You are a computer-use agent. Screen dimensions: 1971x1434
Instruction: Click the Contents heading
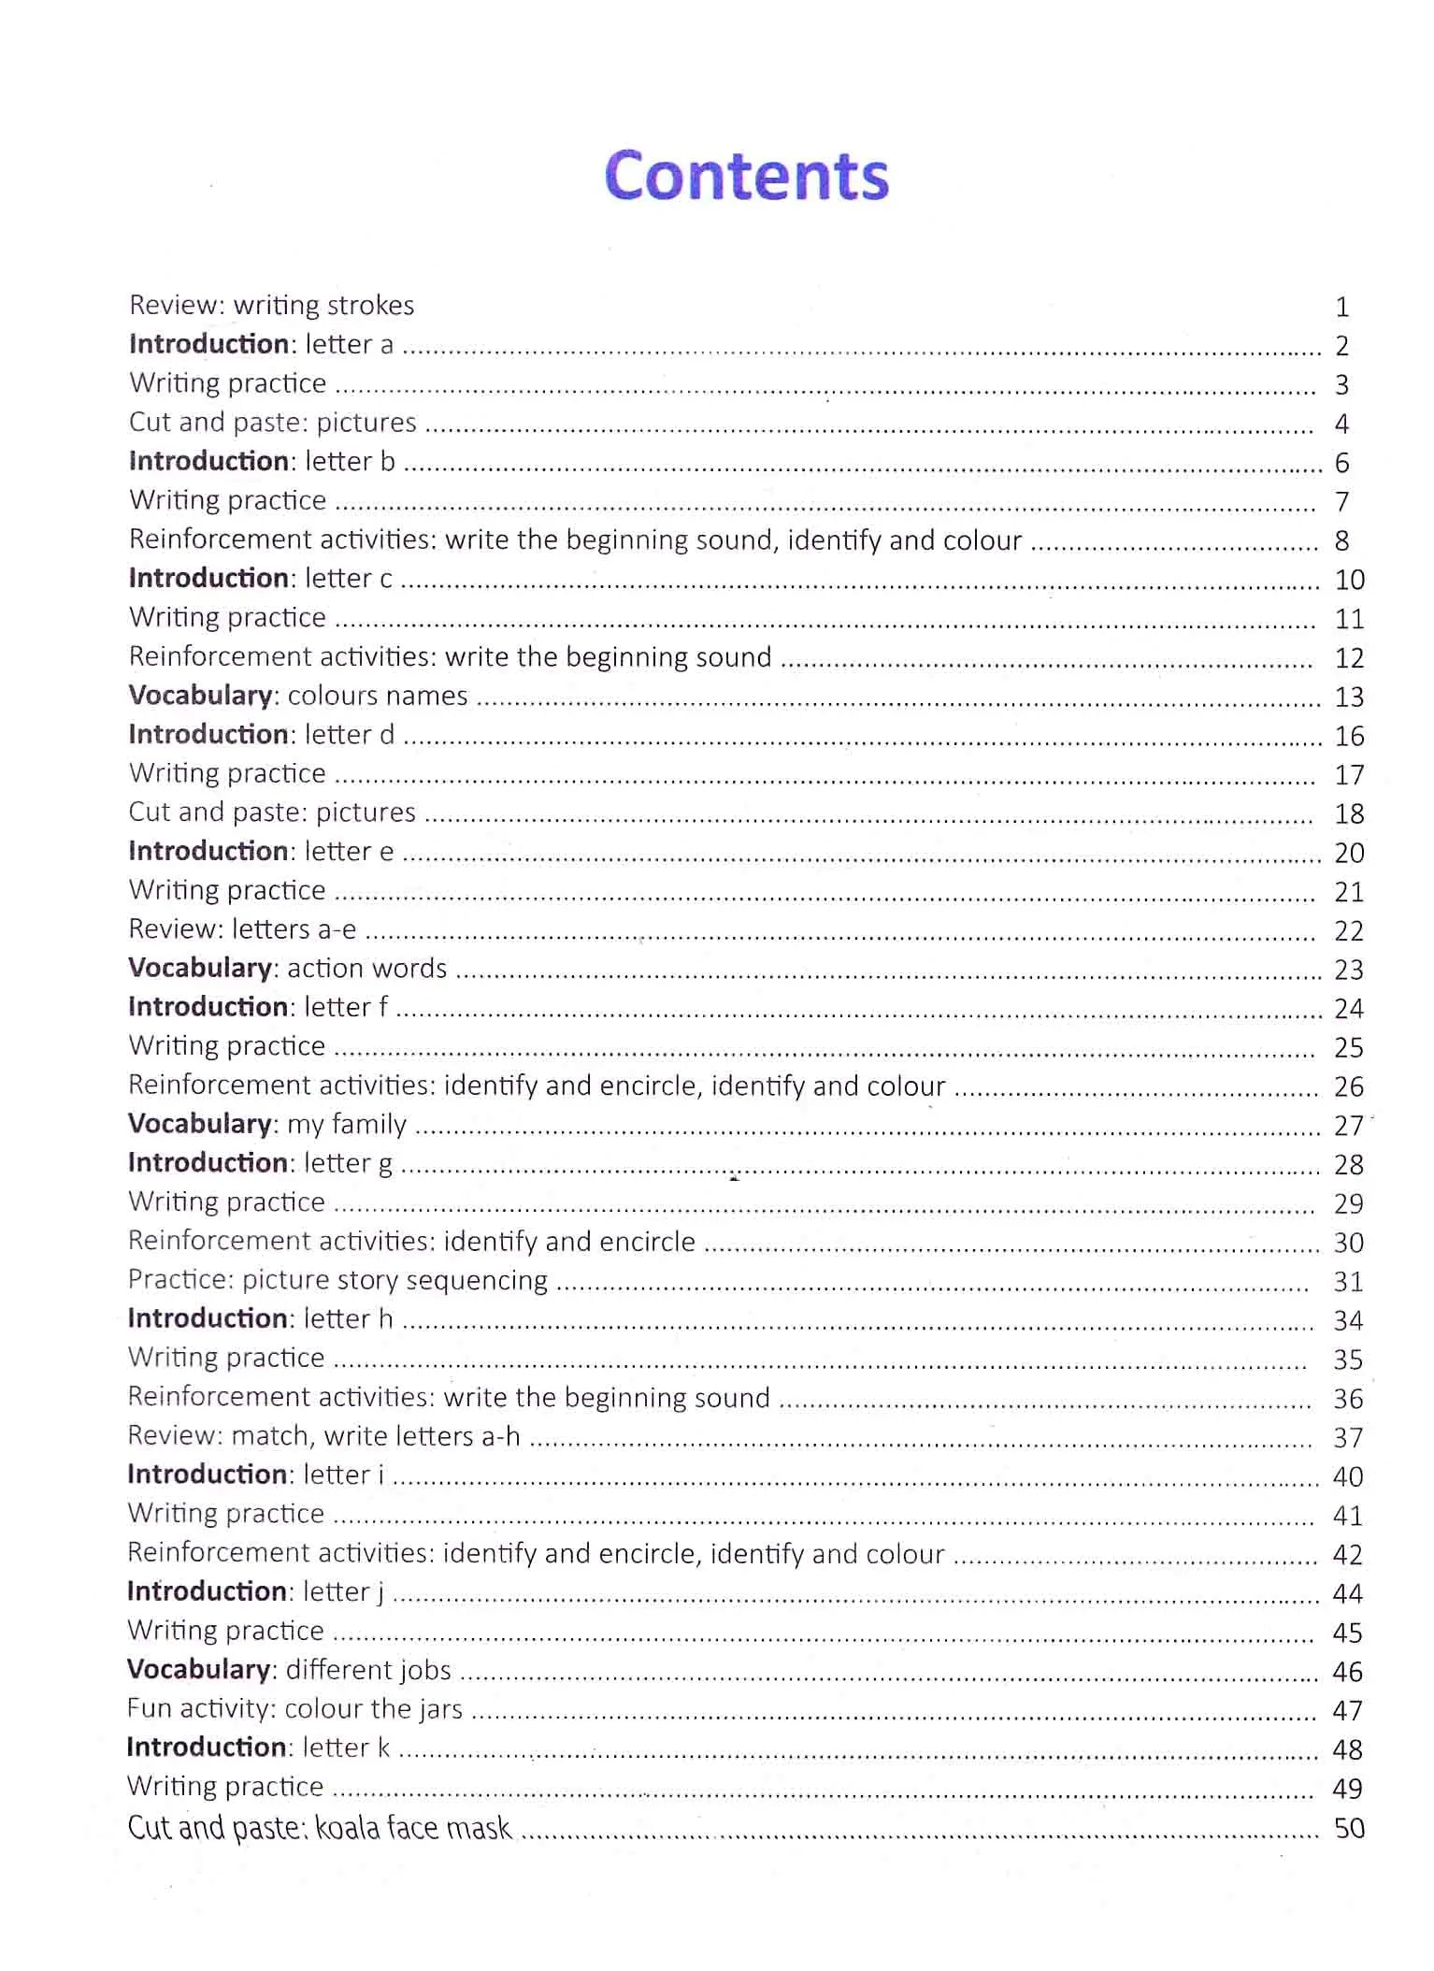point(746,176)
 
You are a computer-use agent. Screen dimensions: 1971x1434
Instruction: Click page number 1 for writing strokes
point(1341,308)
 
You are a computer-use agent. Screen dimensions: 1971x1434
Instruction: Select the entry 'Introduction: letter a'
point(261,345)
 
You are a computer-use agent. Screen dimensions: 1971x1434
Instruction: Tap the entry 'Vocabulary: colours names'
point(298,696)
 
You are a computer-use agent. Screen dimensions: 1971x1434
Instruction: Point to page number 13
point(1349,698)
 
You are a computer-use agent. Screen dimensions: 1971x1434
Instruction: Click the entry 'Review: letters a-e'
point(242,929)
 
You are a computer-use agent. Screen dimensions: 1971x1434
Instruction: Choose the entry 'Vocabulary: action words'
point(287,969)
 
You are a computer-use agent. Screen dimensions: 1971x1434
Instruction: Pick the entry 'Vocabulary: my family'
point(267,1124)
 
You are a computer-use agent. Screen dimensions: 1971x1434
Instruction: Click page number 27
point(1348,1126)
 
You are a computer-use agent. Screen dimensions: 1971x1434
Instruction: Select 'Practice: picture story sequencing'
point(337,1280)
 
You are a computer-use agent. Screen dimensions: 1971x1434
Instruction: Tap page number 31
point(1348,1282)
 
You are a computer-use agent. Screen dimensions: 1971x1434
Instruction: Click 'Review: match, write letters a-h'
point(323,1436)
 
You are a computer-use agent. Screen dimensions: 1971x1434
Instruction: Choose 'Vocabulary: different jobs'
point(289,1670)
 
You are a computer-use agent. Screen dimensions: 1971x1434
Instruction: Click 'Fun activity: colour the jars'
point(294,1709)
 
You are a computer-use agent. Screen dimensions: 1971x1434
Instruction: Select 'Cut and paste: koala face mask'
point(319,1828)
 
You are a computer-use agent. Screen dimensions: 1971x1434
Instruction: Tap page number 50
point(1349,1829)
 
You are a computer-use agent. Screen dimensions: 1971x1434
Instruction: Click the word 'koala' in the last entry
point(347,1828)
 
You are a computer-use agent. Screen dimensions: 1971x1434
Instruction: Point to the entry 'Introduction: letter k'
point(258,1748)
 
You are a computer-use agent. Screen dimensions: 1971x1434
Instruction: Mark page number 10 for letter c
point(1349,581)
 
